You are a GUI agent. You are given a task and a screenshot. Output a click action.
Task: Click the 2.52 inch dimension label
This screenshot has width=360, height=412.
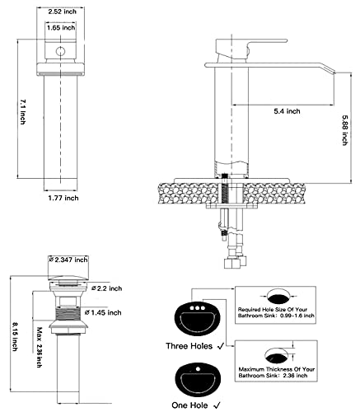point(62,12)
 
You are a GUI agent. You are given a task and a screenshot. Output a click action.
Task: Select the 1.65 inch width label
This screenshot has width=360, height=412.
point(61,28)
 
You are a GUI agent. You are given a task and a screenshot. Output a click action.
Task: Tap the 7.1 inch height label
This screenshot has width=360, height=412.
point(23,112)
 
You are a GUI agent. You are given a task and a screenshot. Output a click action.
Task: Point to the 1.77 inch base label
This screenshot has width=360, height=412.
point(63,198)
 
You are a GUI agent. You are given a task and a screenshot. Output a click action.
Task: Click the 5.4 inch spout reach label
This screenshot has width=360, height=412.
point(287,111)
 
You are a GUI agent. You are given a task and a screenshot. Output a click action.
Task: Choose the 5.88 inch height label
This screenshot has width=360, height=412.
point(345,130)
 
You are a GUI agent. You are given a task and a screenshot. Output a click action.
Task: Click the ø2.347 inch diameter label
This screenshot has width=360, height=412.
point(68,260)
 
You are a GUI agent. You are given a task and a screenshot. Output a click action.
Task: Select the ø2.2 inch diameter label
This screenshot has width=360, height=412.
point(107,288)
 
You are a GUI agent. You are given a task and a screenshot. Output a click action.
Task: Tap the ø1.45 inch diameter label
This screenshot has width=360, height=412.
point(103,312)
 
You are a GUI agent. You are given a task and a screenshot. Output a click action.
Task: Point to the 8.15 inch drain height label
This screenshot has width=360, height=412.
point(15,336)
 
